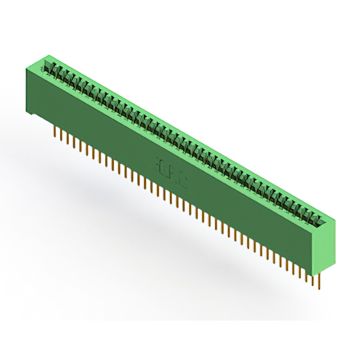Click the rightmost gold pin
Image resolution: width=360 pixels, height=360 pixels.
(x=319, y=281)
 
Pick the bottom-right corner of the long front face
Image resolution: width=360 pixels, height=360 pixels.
(x=316, y=271)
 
